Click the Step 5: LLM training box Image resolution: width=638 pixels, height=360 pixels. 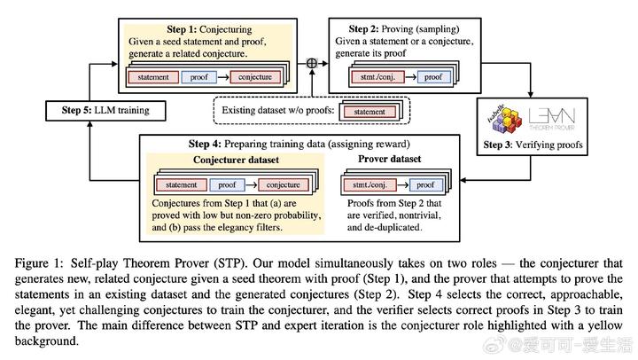[x=105, y=111]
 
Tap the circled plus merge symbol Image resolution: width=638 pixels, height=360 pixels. [x=312, y=63]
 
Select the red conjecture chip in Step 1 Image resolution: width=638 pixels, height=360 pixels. [x=255, y=77]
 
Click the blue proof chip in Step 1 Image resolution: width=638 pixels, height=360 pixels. [x=199, y=77]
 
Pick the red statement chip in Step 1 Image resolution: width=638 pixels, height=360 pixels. [x=153, y=77]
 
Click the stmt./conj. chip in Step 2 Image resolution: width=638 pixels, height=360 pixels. [x=377, y=77]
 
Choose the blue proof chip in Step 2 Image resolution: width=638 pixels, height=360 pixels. [x=433, y=77]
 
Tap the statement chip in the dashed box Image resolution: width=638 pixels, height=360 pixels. [x=369, y=112]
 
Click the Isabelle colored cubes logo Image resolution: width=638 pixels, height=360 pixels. [x=504, y=119]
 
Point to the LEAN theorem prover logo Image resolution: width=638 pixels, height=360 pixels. [x=552, y=119]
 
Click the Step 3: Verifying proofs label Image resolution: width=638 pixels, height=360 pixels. [x=533, y=145]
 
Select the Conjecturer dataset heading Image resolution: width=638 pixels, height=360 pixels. [x=236, y=160]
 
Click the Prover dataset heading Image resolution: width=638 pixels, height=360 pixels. [x=389, y=159]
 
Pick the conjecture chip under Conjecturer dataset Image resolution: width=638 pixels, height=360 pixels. [x=284, y=185]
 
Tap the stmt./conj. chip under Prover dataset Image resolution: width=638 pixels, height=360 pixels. [x=370, y=185]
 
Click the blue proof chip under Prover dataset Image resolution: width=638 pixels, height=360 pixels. [x=425, y=185]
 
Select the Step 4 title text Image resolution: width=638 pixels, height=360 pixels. [x=300, y=144]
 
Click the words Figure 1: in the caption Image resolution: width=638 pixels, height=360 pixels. [x=39, y=263]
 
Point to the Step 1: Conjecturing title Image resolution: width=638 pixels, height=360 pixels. [x=209, y=29]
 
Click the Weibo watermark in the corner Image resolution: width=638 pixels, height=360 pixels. [x=557, y=345]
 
